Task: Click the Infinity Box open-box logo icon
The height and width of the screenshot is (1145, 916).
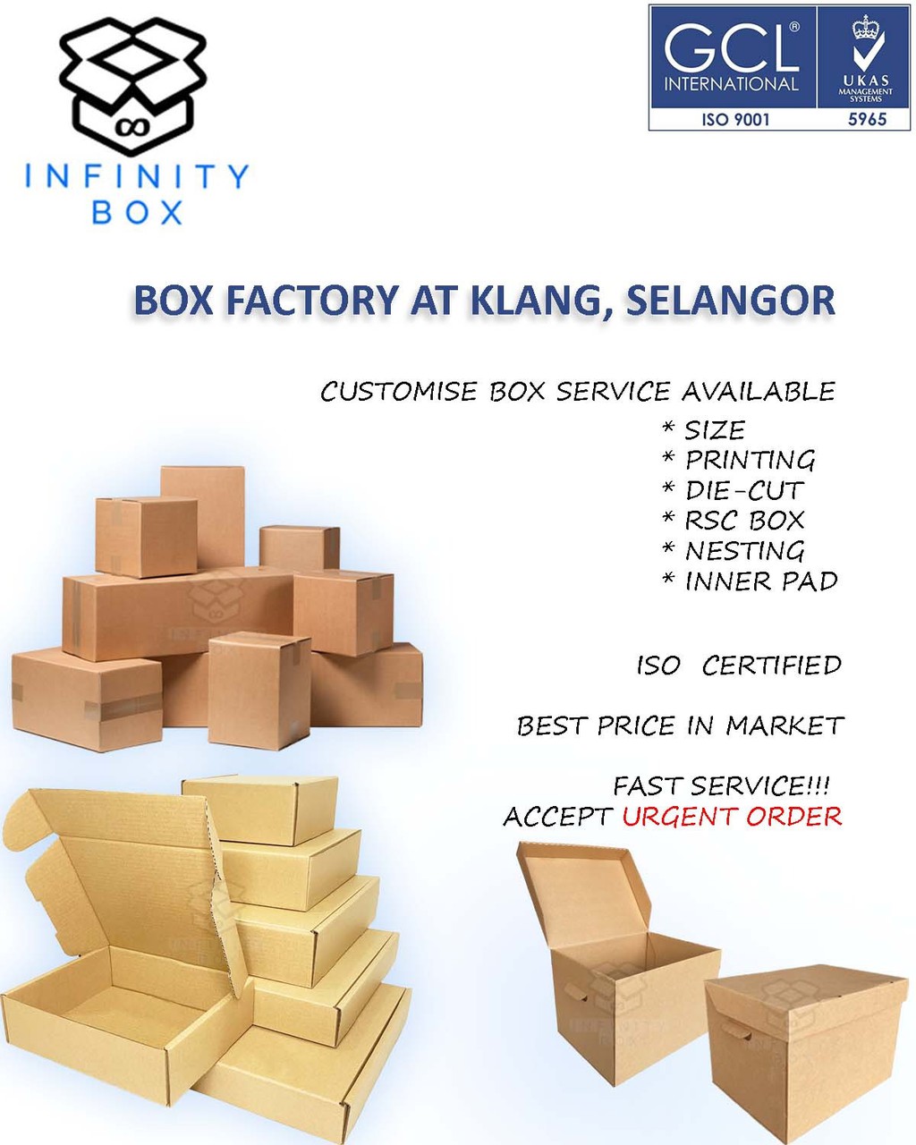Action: point(132,85)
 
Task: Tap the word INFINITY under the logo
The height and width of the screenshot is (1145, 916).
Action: point(137,176)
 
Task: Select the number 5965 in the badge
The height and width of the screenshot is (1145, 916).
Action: point(865,118)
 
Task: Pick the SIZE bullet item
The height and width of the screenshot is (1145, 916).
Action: point(714,430)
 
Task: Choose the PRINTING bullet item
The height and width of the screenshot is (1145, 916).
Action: point(750,461)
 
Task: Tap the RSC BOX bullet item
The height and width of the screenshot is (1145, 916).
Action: point(744,521)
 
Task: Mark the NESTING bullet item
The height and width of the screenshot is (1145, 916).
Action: point(744,551)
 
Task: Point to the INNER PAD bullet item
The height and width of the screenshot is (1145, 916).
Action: point(760,581)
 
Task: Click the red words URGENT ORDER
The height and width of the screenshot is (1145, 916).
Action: point(732,817)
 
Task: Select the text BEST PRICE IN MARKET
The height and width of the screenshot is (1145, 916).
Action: point(680,725)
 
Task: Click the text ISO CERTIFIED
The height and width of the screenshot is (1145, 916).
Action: point(739,666)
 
